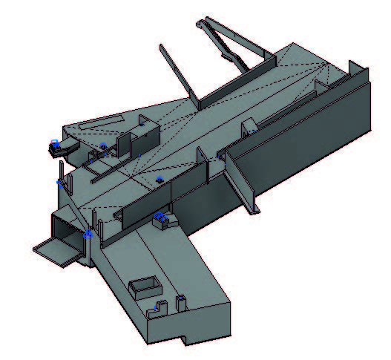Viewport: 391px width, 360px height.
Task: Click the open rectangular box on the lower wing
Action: point(145,287)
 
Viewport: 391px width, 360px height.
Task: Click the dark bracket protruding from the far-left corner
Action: point(61,148)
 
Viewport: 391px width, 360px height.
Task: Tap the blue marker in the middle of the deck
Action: point(159,179)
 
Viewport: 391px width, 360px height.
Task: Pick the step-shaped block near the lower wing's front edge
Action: point(157,309)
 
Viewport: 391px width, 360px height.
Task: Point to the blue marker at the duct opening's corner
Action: point(88,235)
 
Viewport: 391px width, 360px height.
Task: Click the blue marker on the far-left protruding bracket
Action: point(54,142)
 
